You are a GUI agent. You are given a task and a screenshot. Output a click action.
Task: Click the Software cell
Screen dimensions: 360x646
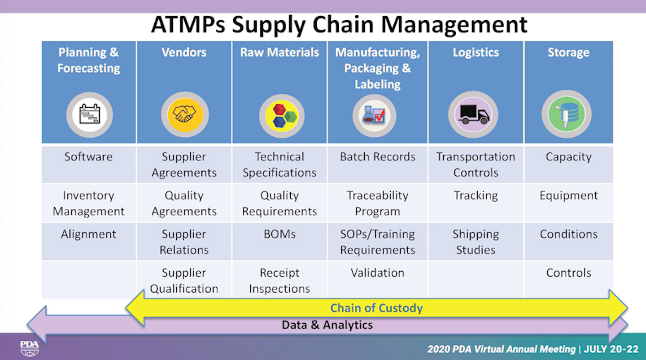pyautogui.click(x=88, y=157)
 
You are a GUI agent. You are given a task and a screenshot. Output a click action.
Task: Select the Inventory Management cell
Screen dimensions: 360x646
pyautogui.click(x=88, y=204)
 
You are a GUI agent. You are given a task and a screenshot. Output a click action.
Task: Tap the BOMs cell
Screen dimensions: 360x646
pyautogui.click(x=279, y=234)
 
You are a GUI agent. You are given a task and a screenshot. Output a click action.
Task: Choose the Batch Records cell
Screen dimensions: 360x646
pyautogui.click(x=377, y=157)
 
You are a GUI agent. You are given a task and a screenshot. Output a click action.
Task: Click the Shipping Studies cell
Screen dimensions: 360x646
pyautogui.click(x=476, y=242)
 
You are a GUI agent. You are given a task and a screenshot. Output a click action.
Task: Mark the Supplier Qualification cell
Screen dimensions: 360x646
pyautogui.click(x=184, y=281)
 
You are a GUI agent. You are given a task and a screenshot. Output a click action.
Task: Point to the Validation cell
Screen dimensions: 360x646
pyautogui.click(x=377, y=273)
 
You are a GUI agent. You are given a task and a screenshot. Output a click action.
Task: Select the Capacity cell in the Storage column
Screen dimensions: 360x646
pyautogui.click(x=568, y=157)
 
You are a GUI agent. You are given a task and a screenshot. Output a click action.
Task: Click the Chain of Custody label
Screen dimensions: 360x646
pyautogui.click(x=376, y=308)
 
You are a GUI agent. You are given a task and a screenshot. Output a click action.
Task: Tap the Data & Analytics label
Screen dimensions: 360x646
pyautogui.click(x=327, y=325)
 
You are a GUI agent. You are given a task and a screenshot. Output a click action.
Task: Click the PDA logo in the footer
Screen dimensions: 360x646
pyautogui.click(x=30, y=347)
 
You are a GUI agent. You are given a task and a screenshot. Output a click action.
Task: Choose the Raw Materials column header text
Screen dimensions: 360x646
pyautogui.click(x=279, y=52)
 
